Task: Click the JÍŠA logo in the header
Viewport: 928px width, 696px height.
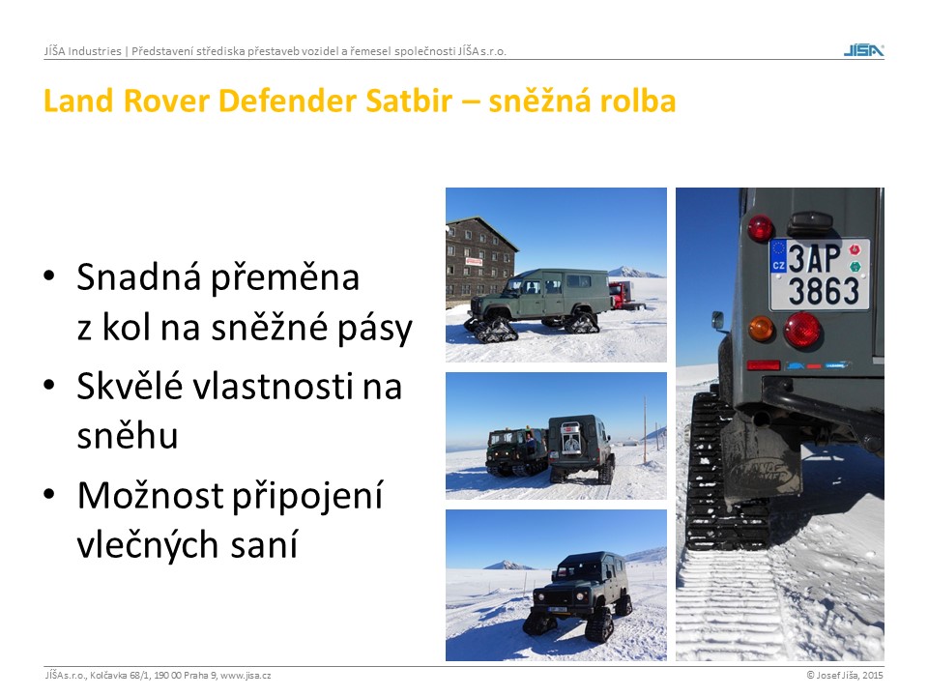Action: tap(863, 50)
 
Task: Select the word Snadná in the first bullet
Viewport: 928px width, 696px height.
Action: tap(138, 277)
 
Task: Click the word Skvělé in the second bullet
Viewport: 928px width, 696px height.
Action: tap(129, 386)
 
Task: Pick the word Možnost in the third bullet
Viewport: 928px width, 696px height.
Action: tap(150, 495)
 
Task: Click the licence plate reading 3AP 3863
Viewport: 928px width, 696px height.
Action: tap(820, 275)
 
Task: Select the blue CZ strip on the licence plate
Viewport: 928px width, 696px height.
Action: tap(777, 255)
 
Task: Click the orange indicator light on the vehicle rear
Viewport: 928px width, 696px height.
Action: tap(760, 329)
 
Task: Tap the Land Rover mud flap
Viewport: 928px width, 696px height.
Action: tap(761, 457)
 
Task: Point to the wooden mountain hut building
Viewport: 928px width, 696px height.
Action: tap(478, 260)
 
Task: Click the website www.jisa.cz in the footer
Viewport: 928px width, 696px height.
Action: tap(246, 676)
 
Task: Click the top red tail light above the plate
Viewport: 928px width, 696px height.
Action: tap(760, 228)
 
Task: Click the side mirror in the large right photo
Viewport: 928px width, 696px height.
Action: tap(718, 320)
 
